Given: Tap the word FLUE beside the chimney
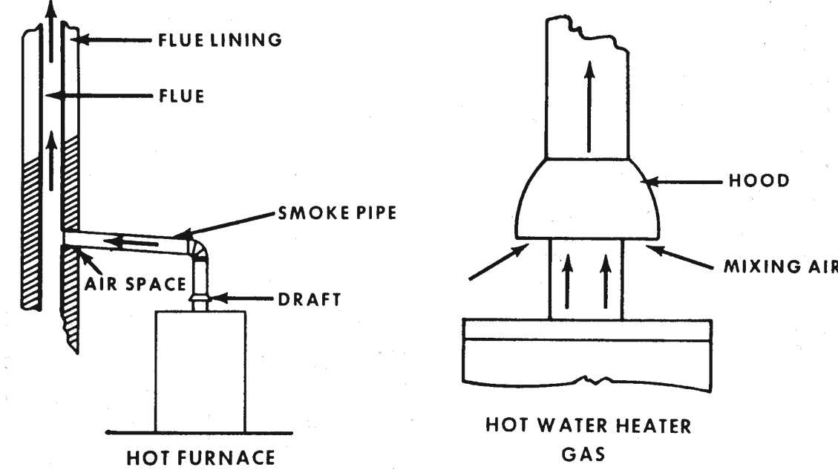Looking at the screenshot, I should coord(180,97).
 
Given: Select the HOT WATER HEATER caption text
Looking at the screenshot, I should coord(588,426).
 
